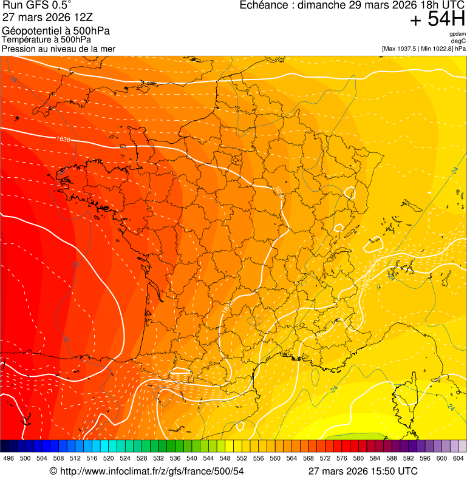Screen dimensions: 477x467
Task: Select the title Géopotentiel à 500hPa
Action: pos(56,31)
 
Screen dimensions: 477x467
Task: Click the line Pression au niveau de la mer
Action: pos(58,49)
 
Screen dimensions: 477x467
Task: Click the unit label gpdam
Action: pos(457,34)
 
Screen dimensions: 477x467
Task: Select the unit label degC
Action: pos(458,41)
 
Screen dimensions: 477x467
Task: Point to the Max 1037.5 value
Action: pos(403,49)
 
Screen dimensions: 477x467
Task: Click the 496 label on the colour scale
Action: pos(9,459)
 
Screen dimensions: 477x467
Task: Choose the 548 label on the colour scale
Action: pos(225,459)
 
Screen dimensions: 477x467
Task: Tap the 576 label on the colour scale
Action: pos(342,459)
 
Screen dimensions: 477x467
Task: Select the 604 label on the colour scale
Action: pos(458,459)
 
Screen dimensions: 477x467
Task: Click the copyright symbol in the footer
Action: pos(53,471)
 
